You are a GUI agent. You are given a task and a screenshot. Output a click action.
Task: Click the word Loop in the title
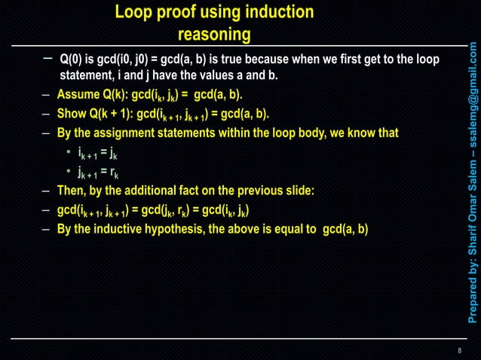point(133,12)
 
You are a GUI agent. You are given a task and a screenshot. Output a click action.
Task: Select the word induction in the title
point(279,12)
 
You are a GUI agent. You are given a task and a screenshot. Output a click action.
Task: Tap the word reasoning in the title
point(214,35)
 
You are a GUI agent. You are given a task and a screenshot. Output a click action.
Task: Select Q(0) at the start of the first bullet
point(73,59)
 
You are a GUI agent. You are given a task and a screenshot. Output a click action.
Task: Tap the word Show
point(72,114)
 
